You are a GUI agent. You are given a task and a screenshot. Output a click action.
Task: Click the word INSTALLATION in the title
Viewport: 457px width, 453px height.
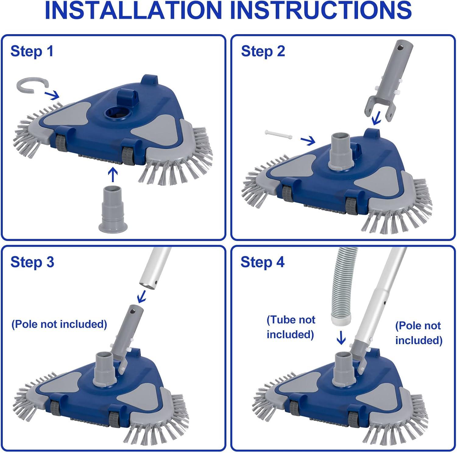[x=133, y=10]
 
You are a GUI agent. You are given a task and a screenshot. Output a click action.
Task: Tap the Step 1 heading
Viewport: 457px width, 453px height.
[x=32, y=51]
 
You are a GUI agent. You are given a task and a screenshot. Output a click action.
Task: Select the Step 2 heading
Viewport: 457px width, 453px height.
[x=263, y=51]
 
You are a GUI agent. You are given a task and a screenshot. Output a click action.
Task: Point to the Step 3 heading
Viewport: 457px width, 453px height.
[x=32, y=262]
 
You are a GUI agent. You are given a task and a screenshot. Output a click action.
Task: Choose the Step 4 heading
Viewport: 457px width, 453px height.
[x=262, y=262]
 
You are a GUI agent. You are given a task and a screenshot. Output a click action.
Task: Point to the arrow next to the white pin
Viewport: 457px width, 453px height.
[x=308, y=140]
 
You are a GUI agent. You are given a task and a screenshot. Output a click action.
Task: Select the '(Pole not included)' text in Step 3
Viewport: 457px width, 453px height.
[x=59, y=324]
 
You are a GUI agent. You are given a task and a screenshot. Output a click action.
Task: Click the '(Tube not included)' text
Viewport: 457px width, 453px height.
[x=290, y=327]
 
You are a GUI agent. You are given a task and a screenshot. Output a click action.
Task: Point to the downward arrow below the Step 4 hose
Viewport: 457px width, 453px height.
[x=341, y=338]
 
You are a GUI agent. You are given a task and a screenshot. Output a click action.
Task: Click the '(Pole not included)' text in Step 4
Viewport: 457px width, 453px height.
[x=419, y=333]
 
